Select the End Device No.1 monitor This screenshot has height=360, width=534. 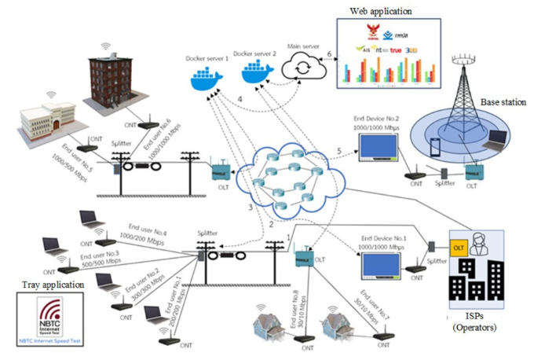point(382,266)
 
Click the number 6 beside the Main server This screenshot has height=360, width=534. point(330,53)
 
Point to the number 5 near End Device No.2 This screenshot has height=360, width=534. point(339,151)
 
